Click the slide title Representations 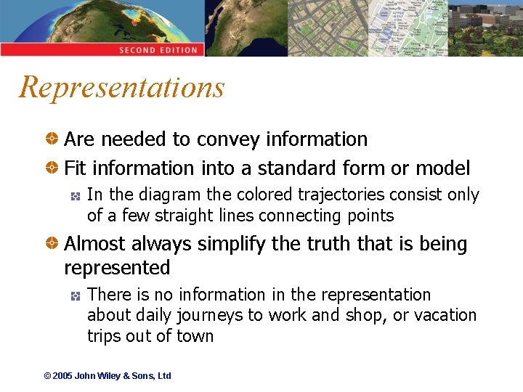pos(122,88)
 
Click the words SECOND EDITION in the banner pos(158,50)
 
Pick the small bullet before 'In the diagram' pos(75,196)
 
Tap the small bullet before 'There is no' pos(75,295)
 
